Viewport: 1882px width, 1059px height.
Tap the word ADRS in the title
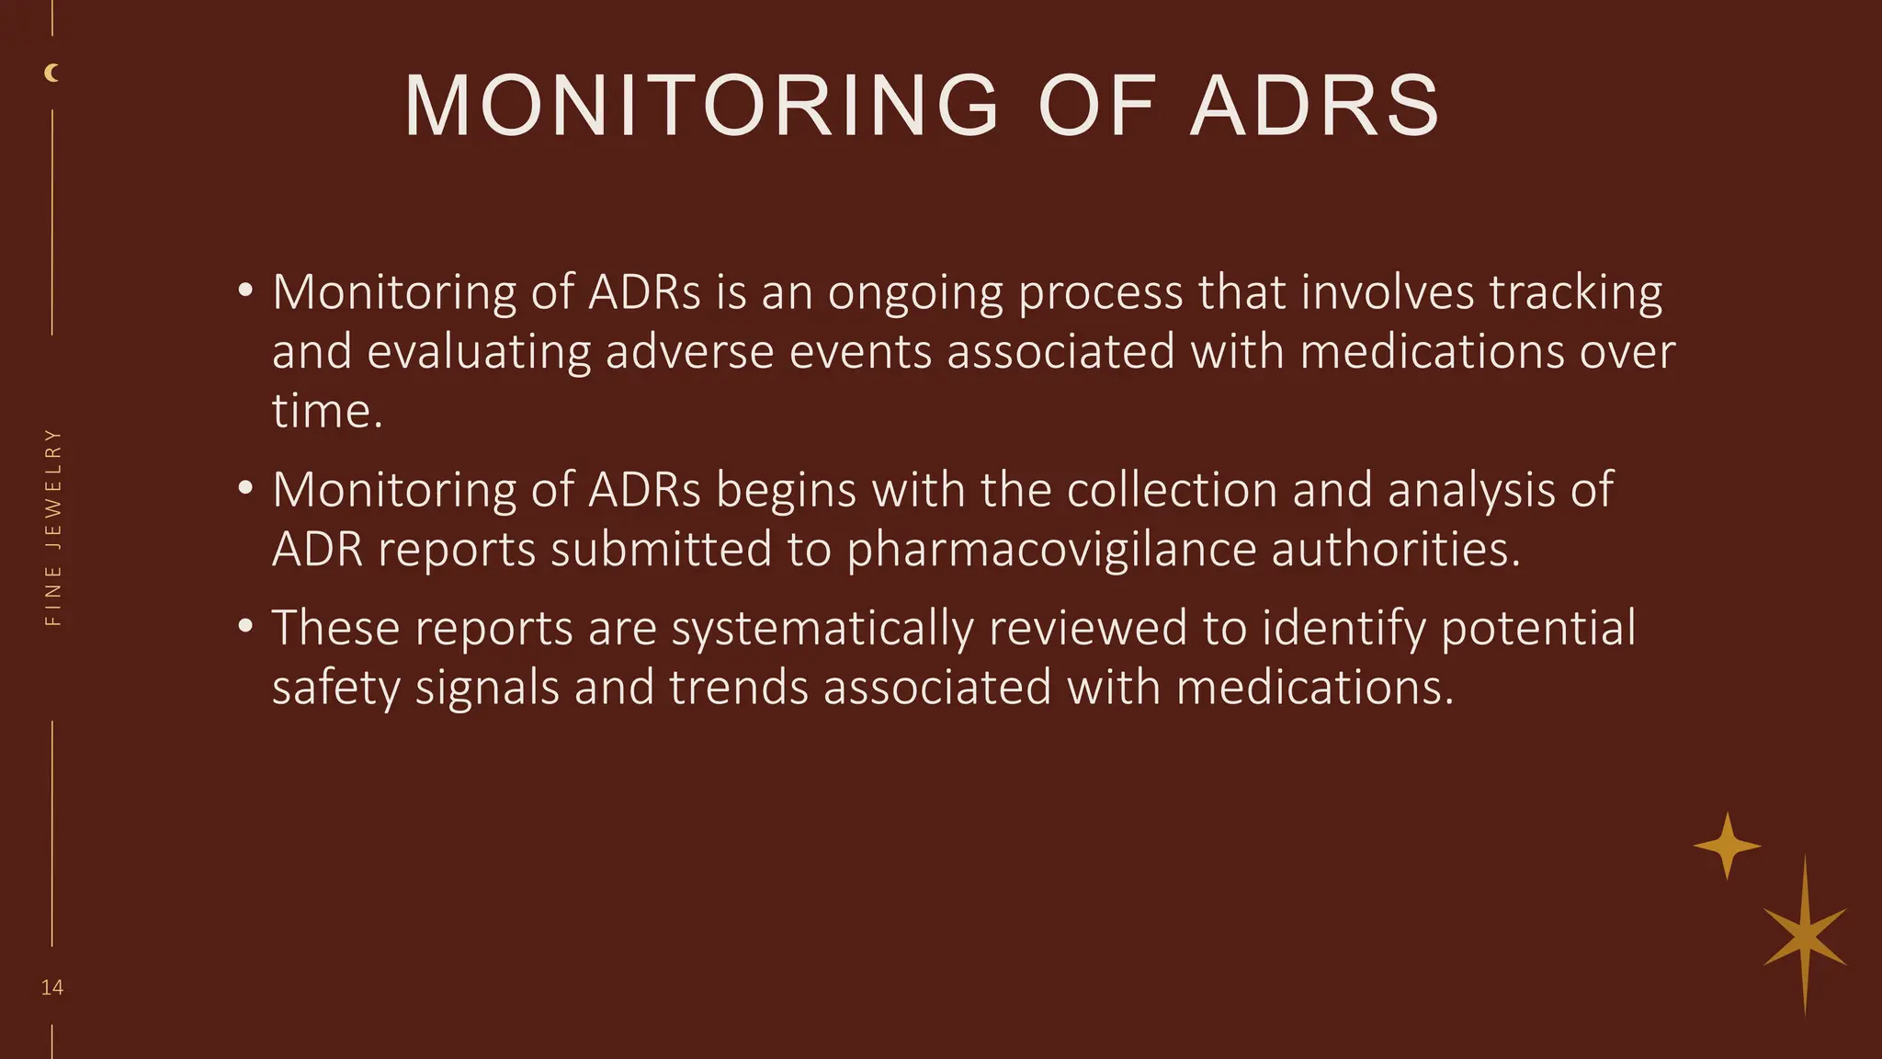(x=1315, y=107)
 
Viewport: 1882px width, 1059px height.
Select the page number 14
(x=52, y=988)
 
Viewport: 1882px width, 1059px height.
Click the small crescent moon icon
(x=52, y=74)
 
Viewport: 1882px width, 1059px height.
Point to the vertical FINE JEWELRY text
(x=53, y=528)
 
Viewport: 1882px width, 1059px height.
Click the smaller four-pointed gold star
(x=1727, y=846)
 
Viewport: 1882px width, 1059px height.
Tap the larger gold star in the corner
(x=1805, y=936)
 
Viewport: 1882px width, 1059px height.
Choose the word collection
(x=1172, y=489)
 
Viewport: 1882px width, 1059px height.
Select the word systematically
(x=822, y=630)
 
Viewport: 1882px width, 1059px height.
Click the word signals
(x=487, y=689)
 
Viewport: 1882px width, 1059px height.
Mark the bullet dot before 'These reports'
(x=244, y=627)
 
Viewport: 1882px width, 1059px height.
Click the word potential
(x=1538, y=630)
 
